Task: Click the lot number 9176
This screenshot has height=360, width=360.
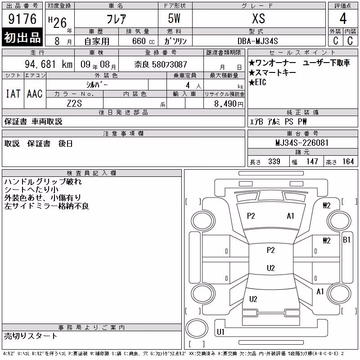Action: tap(22, 19)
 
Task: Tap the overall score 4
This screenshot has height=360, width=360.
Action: tap(343, 18)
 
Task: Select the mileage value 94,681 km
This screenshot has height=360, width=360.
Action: tap(49, 64)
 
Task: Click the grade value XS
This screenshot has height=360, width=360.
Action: tap(258, 18)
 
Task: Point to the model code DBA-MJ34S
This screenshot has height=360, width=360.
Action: tap(257, 41)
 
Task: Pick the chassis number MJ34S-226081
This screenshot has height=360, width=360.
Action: tap(302, 143)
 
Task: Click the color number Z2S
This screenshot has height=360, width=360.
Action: tap(74, 103)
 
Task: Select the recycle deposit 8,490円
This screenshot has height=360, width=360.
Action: tap(229, 103)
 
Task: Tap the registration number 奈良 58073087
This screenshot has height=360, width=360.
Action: tap(161, 64)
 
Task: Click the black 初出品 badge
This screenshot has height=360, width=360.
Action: tap(22, 37)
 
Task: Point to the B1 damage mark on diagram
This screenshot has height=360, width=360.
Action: tap(346, 240)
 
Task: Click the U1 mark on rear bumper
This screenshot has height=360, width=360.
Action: tap(220, 332)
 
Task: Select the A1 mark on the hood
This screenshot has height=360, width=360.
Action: tap(290, 216)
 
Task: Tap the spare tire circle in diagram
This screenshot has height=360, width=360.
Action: tap(197, 328)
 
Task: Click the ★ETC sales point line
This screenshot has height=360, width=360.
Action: tap(257, 82)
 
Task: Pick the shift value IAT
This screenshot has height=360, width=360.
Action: tap(13, 94)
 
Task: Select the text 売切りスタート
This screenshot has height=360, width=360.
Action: tap(31, 336)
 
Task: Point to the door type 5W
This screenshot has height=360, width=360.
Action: tap(174, 18)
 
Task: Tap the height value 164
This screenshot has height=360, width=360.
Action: tap(348, 162)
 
